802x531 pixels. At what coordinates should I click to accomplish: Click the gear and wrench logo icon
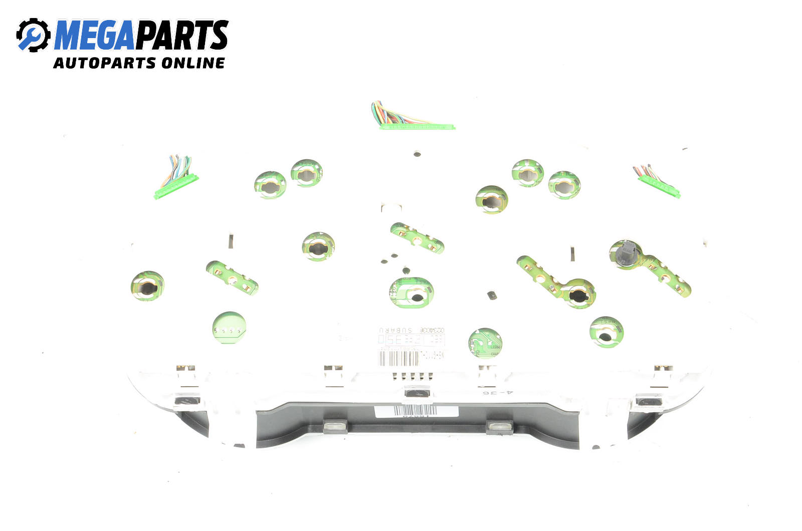tap(33, 35)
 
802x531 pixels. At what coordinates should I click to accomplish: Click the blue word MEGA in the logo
tap(94, 35)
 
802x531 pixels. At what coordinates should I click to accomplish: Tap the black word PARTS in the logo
tap(181, 35)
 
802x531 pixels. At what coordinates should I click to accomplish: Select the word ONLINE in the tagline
tap(193, 63)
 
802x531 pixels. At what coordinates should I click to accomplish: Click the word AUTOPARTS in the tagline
tap(105, 63)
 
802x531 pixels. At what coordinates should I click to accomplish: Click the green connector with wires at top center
tap(416, 125)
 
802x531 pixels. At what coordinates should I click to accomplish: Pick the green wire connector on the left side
tap(176, 185)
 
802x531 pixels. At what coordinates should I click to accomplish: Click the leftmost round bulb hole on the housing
tap(147, 286)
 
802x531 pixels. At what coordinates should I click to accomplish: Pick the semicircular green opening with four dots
tap(229, 329)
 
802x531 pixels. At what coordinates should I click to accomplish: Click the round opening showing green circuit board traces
tap(485, 343)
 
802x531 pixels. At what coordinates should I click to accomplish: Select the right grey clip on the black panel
tap(499, 427)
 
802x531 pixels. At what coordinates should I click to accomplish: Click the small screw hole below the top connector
tap(417, 154)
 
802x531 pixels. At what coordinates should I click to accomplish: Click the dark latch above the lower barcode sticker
tap(417, 394)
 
